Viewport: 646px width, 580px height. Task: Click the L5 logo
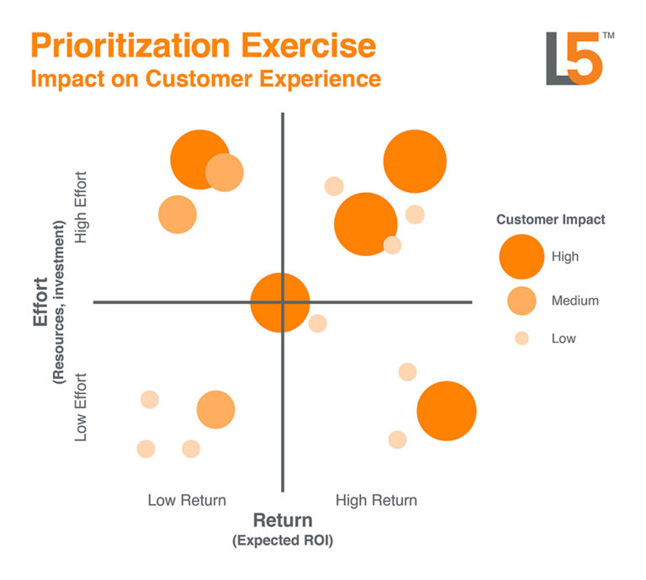point(574,58)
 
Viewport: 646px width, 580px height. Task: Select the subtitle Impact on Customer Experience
point(205,79)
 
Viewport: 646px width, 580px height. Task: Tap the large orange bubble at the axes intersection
point(280,303)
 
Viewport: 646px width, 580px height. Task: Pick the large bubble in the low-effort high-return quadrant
point(447,411)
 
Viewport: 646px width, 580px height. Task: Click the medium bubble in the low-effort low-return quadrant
point(215,410)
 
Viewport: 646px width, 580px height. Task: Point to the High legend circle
point(522,256)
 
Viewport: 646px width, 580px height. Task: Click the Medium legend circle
point(522,300)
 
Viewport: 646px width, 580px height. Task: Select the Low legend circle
point(522,338)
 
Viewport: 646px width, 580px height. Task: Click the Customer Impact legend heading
point(550,220)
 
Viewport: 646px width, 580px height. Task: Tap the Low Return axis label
point(187,500)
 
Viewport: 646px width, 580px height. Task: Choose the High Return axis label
point(376,500)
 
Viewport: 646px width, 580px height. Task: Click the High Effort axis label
point(82,208)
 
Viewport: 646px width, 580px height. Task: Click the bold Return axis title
point(283,520)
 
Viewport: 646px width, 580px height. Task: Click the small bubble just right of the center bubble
point(317,323)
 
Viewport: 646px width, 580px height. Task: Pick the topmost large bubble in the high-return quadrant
point(415,162)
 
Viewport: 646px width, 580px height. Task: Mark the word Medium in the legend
point(575,300)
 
